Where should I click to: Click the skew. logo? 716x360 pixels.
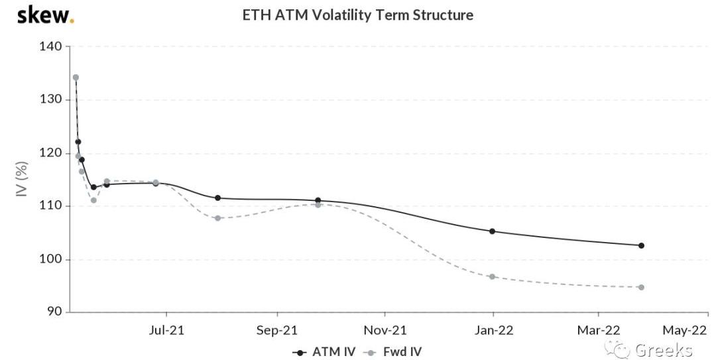45,15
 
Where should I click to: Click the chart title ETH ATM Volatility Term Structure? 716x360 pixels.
358,15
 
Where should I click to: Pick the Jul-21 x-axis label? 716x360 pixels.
167,330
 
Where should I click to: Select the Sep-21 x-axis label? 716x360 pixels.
277,330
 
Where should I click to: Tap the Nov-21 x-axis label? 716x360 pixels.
385,330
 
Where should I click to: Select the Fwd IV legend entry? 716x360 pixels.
396,352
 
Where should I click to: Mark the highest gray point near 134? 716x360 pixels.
76,78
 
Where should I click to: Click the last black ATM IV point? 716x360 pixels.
641,245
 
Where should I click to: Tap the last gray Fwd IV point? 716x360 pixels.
641,287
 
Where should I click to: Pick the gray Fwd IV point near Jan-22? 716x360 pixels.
493,276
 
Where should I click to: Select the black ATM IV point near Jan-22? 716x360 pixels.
493,231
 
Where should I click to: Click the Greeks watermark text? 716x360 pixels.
663,350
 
